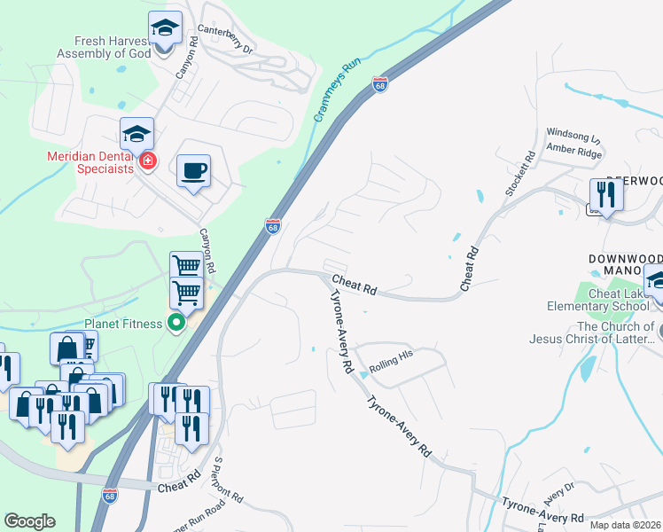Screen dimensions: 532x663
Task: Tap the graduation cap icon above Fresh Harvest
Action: click(165, 29)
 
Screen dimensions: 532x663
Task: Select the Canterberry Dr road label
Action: click(226, 38)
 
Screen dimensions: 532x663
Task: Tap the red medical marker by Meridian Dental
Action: click(147, 161)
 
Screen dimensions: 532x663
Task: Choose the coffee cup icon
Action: click(193, 171)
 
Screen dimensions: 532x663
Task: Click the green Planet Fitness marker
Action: click(175, 323)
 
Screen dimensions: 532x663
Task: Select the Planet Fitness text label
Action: click(123, 324)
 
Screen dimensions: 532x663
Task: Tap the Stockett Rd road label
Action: click(530, 168)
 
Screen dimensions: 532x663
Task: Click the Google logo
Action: click(29, 521)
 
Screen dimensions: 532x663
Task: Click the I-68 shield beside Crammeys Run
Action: click(380, 83)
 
